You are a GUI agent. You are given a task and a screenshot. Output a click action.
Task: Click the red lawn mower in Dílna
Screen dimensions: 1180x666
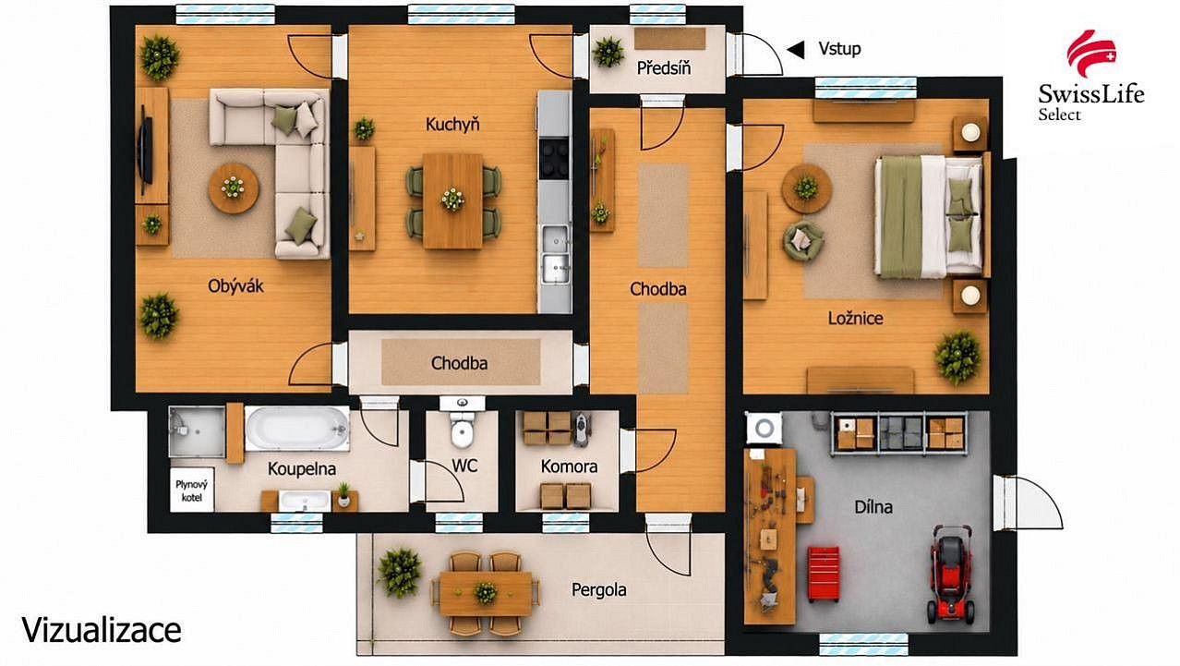951,575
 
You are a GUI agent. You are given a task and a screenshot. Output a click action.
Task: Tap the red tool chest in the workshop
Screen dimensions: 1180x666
824,574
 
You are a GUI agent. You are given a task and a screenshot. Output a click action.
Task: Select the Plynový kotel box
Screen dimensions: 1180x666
192,490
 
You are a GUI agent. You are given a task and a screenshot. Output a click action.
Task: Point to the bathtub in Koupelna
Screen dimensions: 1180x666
297,428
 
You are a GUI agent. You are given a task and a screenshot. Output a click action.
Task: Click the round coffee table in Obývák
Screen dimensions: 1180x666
234,188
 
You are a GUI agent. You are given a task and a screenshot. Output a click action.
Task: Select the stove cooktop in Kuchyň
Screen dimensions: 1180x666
554,158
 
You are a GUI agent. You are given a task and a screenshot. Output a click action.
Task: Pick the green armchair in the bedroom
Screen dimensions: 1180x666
802,241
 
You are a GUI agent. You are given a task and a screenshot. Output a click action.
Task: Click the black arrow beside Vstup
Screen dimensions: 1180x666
796,50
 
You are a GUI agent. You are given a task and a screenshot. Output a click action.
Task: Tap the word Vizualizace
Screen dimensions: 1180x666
102,630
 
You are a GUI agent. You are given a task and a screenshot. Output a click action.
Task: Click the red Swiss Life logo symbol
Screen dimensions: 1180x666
1091,54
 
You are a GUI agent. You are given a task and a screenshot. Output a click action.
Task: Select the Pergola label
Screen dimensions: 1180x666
599,590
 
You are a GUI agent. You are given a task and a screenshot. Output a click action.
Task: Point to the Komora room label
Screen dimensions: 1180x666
569,466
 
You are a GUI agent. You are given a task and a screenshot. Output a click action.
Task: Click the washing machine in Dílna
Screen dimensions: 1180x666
764,428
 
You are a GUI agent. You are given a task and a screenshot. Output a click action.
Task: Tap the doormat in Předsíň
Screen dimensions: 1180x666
669,39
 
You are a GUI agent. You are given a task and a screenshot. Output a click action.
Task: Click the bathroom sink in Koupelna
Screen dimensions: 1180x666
305,501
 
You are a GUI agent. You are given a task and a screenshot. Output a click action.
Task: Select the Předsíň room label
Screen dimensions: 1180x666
663,68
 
